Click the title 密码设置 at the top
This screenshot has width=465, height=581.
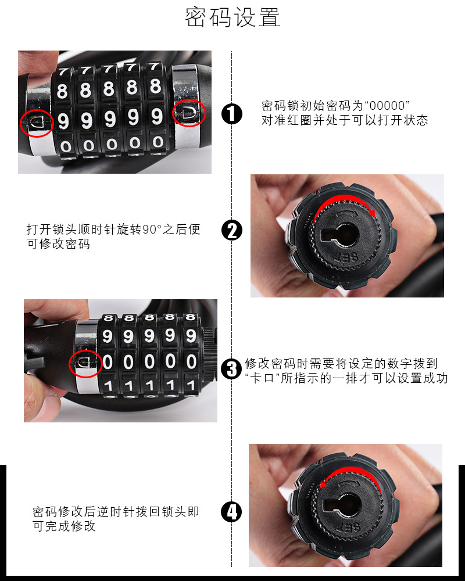click(x=233, y=17)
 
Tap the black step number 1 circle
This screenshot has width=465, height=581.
click(x=232, y=113)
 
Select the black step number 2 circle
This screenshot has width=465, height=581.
click(x=232, y=230)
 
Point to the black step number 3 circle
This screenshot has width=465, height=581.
click(x=231, y=369)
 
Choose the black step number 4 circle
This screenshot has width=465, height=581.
click(x=231, y=512)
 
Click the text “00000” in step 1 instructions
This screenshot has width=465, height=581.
click(x=387, y=106)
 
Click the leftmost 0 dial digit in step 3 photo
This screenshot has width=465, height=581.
click(x=107, y=362)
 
